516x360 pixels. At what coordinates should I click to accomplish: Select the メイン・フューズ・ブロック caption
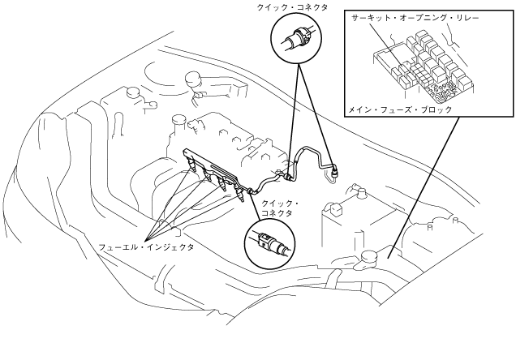coord(400,109)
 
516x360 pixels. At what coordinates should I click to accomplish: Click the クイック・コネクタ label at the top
coord(295,7)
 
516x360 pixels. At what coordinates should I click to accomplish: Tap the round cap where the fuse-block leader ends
coord(368,257)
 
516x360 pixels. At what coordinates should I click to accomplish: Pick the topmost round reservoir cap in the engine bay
coord(193,79)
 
